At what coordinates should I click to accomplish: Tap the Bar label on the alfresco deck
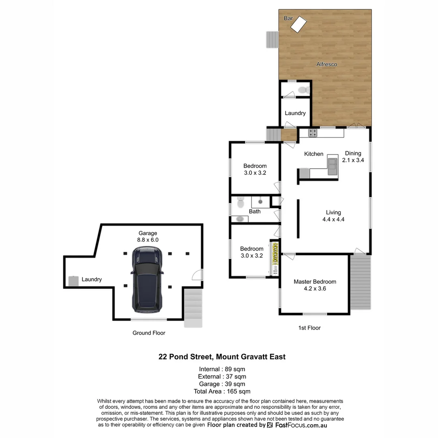pyautogui.click(x=288, y=19)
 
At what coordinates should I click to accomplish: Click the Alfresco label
pyautogui.click(x=326, y=64)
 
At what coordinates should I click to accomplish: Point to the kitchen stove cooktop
pyautogui.click(x=313, y=132)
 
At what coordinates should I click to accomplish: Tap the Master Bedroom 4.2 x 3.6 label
pyautogui.click(x=315, y=285)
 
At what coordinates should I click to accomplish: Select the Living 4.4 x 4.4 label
pyautogui.click(x=333, y=216)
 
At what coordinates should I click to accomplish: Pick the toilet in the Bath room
pyautogui.click(x=240, y=202)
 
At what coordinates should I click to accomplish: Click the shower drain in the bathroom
pyautogui.click(x=260, y=201)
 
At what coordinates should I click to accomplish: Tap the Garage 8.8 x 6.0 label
pyautogui.click(x=148, y=236)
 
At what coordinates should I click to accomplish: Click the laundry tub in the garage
pyautogui.click(x=73, y=281)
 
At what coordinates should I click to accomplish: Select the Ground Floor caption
pyautogui.click(x=149, y=333)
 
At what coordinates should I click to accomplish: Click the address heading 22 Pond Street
pyautogui.click(x=222, y=357)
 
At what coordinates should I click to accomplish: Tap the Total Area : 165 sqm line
pyautogui.click(x=222, y=391)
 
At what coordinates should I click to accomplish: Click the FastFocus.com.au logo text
pyautogui.click(x=301, y=425)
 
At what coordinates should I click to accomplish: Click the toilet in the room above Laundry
pyautogui.click(x=302, y=90)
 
